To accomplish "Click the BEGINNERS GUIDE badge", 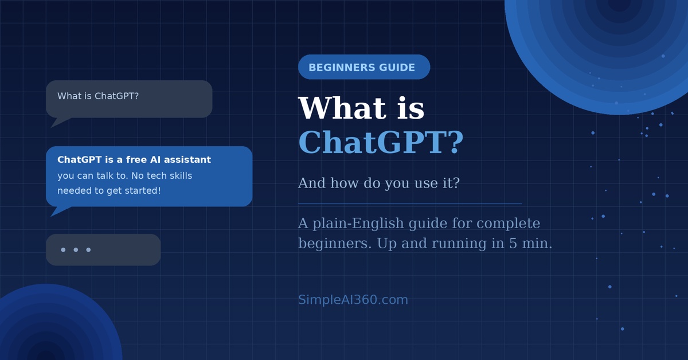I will [x=363, y=67].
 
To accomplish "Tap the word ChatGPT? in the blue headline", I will [x=380, y=143].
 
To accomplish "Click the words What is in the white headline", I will [x=361, y=108].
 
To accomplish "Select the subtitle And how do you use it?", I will [x=378, y=183].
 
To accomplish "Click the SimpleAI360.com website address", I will [x=353, y=300].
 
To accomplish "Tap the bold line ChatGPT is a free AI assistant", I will [x=134, y=160].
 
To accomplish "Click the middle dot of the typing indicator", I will [x=76, y=250].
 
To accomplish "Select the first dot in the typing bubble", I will [x=63, y=250].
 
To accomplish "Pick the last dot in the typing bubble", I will [x=88, y=250].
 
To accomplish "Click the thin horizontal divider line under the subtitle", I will [x=410, y=204].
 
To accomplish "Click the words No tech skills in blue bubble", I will [x=162, y=175].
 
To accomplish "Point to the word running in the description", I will [x=459, y=244].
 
